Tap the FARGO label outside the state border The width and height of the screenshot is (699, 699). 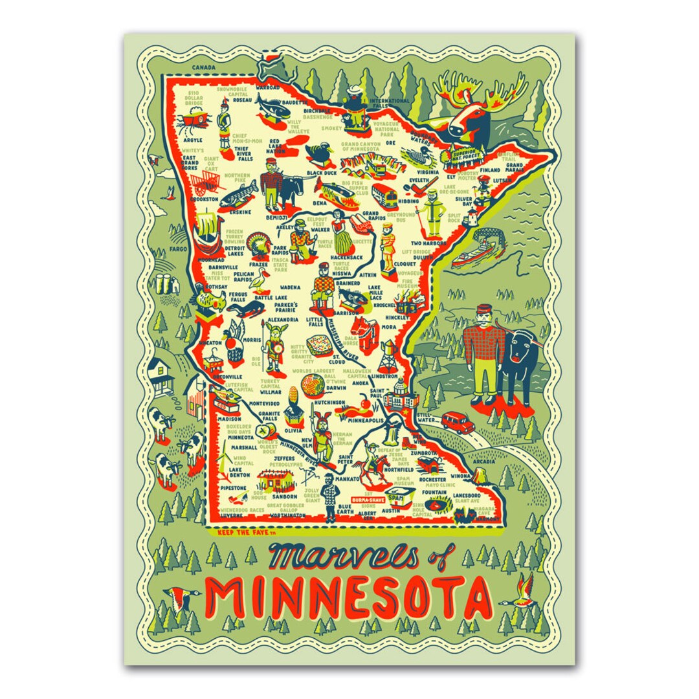(x=179, y=249)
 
